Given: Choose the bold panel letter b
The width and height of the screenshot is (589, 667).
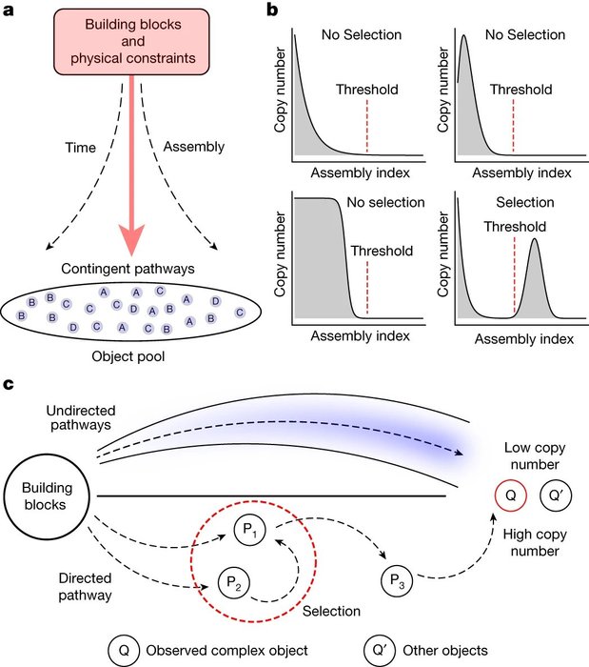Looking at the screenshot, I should (273, 11).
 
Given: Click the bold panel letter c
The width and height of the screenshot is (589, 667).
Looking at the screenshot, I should (9, 385).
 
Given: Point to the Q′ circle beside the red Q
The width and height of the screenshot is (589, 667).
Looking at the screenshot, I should (554, 495).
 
